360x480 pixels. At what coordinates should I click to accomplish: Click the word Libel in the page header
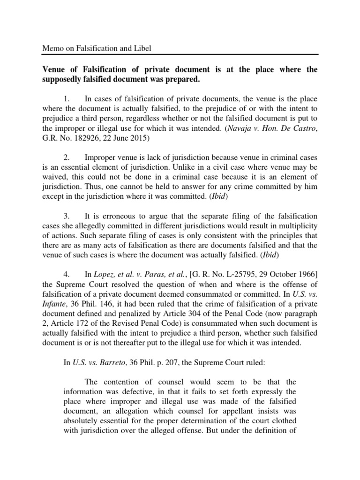click(x=143, y=48)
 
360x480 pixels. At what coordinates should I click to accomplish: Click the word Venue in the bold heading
click(x=54, y=70)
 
